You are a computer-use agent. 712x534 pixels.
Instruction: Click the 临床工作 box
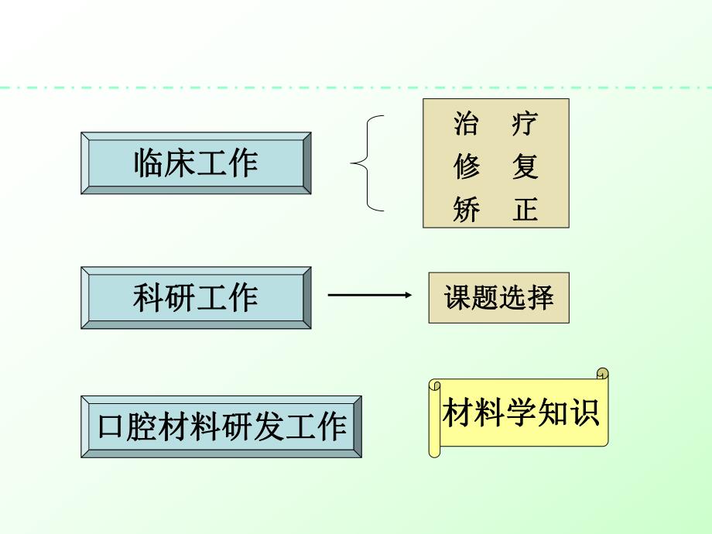[196, 163]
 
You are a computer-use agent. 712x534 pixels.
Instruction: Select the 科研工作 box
[196, 298]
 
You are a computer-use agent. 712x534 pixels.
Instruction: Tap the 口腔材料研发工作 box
[221, 426]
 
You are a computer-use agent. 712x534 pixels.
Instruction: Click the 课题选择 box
[499, 298]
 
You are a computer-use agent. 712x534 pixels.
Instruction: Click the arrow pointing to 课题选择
[369, 295]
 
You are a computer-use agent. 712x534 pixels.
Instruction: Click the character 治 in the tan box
[466, 124]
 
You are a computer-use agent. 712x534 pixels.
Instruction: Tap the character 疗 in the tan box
[525, 124]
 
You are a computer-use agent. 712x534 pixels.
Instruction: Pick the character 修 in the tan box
[466, 167]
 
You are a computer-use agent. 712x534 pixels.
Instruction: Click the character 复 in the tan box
[525, 167]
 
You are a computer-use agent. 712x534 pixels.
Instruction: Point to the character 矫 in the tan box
[466, 211]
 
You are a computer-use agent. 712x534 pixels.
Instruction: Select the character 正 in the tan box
[525, 211]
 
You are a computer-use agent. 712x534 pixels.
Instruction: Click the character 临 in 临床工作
[149, 163]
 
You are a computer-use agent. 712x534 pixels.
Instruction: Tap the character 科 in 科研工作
[149, 298]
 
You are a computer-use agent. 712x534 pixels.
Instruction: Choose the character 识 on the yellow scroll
[585, 412]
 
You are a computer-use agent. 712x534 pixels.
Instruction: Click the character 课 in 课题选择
[457, 298]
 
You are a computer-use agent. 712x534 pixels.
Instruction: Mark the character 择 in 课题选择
[541, 298]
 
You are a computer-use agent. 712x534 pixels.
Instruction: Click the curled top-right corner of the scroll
[603, 375]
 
